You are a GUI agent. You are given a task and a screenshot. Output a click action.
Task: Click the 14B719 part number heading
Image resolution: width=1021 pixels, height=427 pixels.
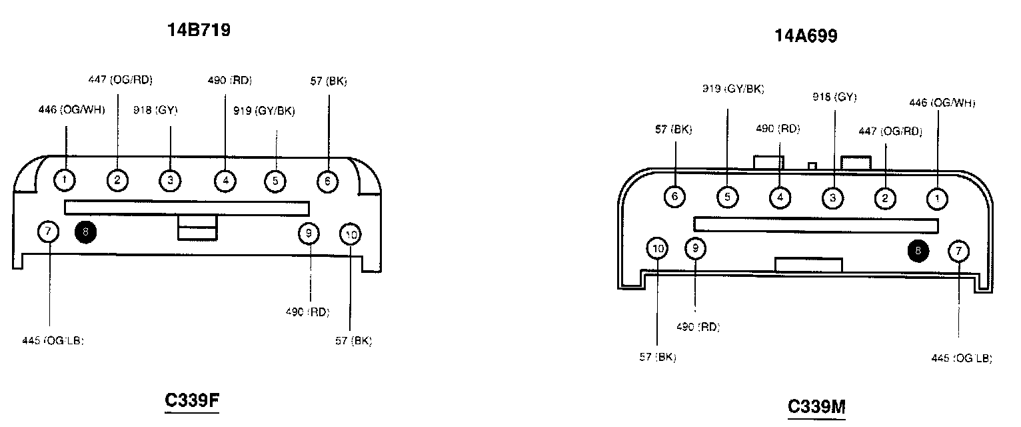point(199,30)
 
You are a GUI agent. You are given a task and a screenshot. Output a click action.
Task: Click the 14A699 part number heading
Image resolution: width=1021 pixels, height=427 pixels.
point(806,36)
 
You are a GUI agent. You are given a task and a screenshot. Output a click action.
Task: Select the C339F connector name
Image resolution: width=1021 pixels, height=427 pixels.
point(192,400)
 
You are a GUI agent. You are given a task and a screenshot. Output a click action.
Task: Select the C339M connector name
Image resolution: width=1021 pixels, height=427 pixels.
point(816,406)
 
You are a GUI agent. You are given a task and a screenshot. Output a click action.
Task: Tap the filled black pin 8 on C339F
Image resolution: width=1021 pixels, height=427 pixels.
point(85,232)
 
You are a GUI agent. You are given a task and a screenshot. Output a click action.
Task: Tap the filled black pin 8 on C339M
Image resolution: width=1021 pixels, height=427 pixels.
point(918,250)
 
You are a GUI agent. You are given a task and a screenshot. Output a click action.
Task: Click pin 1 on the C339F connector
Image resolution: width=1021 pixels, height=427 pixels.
point(64,179)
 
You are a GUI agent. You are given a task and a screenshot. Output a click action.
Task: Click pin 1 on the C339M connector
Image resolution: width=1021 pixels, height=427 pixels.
point(938,199)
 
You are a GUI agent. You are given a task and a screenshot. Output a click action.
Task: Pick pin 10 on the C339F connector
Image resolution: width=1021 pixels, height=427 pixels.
point(351,234)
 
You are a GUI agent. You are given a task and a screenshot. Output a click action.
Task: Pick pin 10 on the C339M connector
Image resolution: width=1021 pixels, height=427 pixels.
point(658,249)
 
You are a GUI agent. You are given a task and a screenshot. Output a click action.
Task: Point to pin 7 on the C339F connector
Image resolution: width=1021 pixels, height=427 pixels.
point(48,232)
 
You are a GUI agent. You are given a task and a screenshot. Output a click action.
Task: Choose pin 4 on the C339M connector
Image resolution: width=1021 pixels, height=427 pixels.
point(780,197)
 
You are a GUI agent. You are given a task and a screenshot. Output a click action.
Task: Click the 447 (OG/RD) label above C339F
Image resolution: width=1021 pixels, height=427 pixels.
point(121,80)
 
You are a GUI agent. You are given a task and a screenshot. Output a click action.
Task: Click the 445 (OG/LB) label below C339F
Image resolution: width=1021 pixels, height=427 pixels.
point(53,341)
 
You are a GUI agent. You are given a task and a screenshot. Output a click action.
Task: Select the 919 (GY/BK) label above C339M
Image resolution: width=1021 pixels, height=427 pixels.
point(733,89)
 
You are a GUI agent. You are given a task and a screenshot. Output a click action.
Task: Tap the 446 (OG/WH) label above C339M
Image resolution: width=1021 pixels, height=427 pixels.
point(942,103)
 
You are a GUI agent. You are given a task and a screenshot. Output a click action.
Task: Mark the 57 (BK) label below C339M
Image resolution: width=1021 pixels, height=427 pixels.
point(658,357)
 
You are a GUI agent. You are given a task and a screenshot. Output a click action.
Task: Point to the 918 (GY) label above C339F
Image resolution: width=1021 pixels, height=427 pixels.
point(155,110)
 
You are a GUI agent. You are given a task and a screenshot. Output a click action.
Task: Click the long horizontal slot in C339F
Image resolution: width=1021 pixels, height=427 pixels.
point(187,208)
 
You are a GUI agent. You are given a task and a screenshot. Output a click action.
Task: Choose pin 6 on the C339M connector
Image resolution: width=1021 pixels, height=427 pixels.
point(675,197)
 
